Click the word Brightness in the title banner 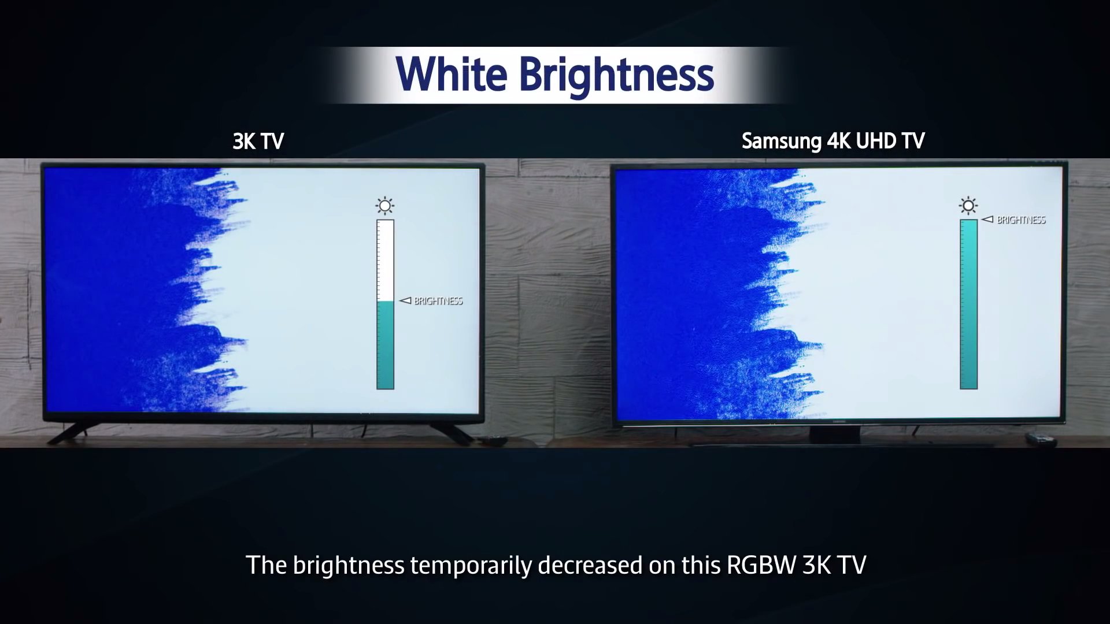tap(616, 76)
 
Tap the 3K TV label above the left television tap(258, 142)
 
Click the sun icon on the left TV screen tap(385, 206)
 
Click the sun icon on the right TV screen tap(968, 206)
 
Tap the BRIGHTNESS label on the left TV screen tap(438, 301)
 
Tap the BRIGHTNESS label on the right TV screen tap(1022, 220)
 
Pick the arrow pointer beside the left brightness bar tap(405, 300)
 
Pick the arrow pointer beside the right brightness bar tap(988, 220)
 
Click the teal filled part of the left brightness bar tap(385, 345)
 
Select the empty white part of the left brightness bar tap(385, 261)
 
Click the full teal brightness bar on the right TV tap(968, 304)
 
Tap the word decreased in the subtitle tap(590, 565)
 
